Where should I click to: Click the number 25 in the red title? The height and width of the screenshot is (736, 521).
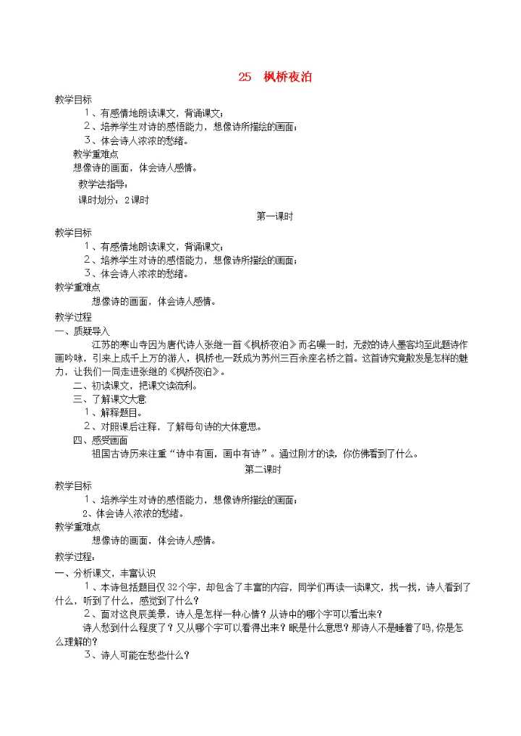(x=244, y=77)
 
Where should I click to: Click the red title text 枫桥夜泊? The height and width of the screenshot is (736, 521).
(x=288, y=77)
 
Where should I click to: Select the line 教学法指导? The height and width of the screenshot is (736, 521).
(x=102, y=184)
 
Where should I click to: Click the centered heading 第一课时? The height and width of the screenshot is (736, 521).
(x=274, y=216)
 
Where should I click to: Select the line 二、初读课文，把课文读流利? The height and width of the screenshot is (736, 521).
(x=135, y=386)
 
